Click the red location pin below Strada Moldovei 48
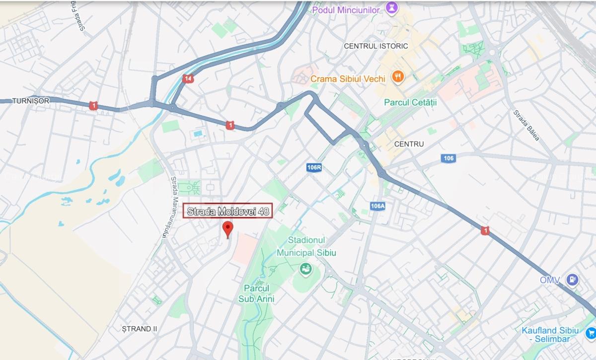pos(228,229)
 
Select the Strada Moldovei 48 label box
pos(228,212)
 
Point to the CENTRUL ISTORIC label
pos(375,46)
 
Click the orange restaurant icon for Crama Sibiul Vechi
pos(397,77)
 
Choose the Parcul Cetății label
pos(410,102)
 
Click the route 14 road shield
pos(188,78)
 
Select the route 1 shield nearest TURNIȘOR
pos(93,105)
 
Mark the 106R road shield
pos(314,167)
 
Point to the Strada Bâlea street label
pos(526,125)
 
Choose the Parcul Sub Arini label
pos(256,293)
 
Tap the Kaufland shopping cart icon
pos(590,332)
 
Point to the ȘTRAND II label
pos(140,329)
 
